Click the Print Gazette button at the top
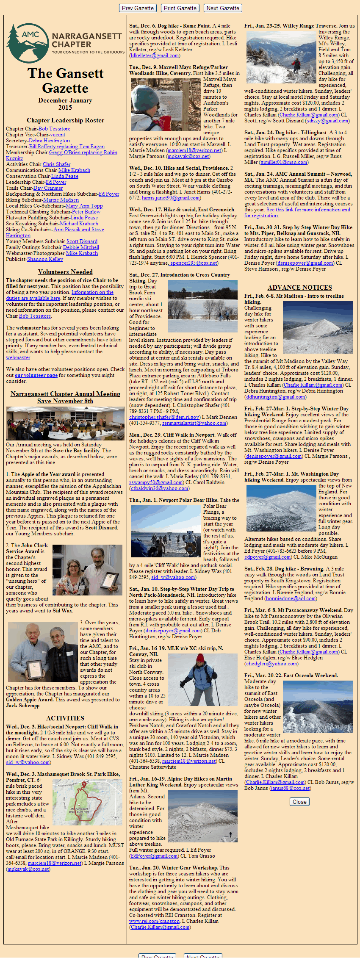pyautogui.click(x=180, y=8)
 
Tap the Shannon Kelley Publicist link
pyautogui.click(x=45, y=259)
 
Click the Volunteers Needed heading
pyautogui.click(x=65, y=272)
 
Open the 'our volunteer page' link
pyautogui.click(x=36, y=375)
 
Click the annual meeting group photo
pyautogui.click(x=65, y=423)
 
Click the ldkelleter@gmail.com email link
pyautogui.click(x=155, y=55)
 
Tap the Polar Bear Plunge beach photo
pyautogui.click(x=166, y=531)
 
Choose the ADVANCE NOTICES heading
pyautogui.click(x=299, y=288)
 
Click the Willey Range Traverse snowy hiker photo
pyautogui.click(x=281, y=57)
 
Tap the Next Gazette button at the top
pyautogui.click(x=223, y=8)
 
